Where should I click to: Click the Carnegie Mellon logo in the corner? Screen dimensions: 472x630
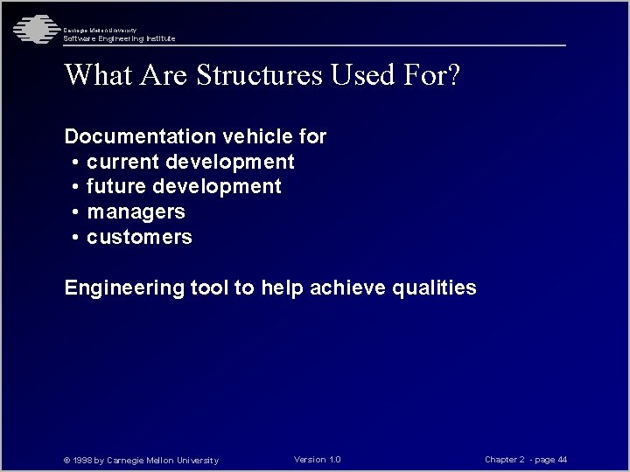pos(33,30)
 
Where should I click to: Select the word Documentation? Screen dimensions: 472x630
pos(140,136)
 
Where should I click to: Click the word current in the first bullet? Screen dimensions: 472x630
pos(123,162)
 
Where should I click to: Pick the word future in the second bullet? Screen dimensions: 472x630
pos(117,187)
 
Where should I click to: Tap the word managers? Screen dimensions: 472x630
pos(136,212)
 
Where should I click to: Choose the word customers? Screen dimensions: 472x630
pos(139,238)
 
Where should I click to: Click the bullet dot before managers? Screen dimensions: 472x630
pos(77,212)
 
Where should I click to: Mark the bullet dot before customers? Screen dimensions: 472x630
pos(77,238)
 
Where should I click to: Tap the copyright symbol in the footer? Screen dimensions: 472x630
pos(67,461)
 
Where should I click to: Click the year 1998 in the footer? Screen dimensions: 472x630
pos(82,461)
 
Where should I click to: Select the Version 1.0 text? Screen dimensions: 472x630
pos(318,460)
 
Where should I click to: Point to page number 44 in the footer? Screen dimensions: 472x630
pos(562,460)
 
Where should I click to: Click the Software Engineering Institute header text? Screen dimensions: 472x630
pos(119,38)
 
